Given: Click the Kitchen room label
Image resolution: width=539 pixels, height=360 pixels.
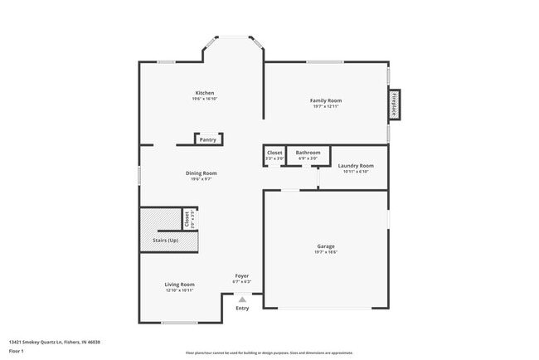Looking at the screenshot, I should click(205, 93).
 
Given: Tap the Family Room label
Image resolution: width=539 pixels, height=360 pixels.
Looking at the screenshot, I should click(327, 100).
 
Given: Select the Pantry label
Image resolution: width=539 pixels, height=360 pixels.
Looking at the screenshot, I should click(208, 140).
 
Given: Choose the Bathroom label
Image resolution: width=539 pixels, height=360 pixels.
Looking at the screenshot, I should click(308, 153).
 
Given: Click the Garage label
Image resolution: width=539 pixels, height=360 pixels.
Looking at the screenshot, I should click(326, 246).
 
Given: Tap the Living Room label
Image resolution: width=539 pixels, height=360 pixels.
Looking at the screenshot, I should click(179, 285).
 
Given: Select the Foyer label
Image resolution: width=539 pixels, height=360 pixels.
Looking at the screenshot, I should click(241, 275).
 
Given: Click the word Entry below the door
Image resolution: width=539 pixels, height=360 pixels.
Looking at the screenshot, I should click(242, 309).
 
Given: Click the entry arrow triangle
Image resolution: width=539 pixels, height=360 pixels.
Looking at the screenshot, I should click(242, 299).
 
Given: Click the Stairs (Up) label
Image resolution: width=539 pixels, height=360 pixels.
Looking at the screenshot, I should click(166, 241).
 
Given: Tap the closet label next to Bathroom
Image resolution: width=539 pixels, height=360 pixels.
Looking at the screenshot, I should click(274, 153).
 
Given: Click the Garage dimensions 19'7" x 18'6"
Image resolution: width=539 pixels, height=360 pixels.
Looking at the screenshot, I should click(326, 252).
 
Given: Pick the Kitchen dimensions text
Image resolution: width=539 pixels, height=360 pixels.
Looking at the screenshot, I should click(205, 100).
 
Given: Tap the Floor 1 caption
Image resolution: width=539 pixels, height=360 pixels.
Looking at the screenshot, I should click(17, 351).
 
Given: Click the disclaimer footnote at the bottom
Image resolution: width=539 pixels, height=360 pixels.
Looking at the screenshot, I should click(269, 353).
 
